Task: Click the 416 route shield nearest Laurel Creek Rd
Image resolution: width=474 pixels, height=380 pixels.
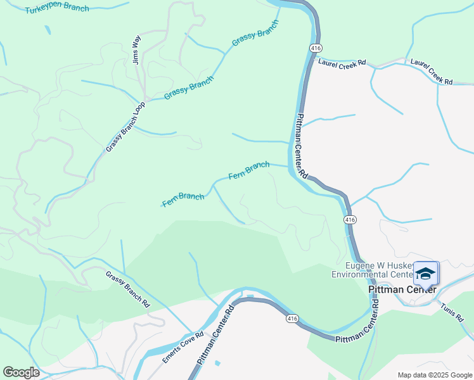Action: (x=314, y=48)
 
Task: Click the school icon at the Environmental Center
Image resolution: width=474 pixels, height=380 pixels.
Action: (x=426, y=273)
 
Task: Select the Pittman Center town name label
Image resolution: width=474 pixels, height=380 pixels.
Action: (x=402, y=289)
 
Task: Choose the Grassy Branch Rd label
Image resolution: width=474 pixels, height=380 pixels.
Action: (x=128, y=289)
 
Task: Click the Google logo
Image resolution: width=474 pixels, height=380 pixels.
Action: (x=22, y=372)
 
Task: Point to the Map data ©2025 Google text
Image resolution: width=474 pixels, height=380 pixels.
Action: (x=435, y=375)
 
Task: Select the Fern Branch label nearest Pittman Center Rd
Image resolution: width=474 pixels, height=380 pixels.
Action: (x=248, y=170)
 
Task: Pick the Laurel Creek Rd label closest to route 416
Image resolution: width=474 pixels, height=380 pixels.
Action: (x=342, y=63)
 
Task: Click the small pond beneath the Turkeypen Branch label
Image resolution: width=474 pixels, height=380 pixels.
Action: (x=47, y=30)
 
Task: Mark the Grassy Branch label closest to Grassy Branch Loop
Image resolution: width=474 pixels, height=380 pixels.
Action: (x=189, y=87)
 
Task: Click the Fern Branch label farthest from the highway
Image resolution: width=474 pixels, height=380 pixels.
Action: (x=183, y=199)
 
